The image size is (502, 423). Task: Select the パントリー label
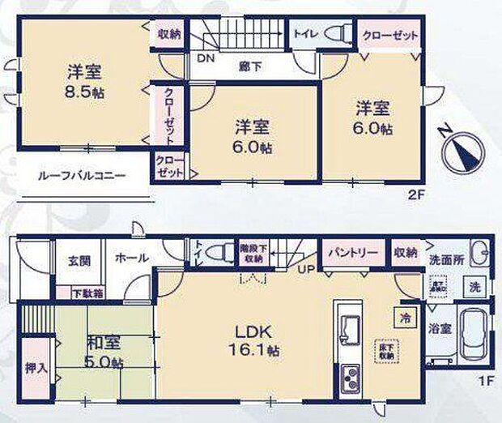click(x=352, y=253)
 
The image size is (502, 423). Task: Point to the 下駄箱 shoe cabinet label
click(x=87, y=293)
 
